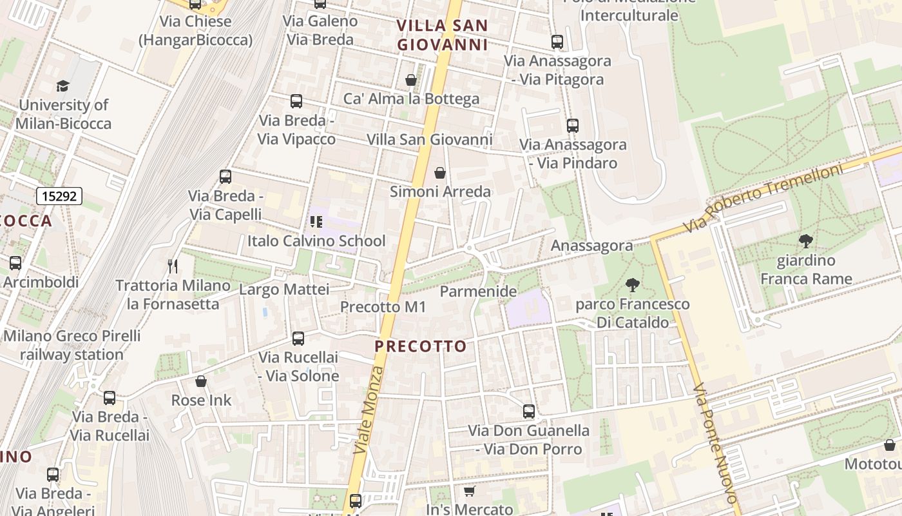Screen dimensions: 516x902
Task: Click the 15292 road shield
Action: (x=59, y=196)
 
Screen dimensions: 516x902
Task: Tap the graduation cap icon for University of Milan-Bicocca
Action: (x=62, y=86)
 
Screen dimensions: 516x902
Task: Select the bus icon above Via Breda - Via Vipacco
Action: (x=296, y=101)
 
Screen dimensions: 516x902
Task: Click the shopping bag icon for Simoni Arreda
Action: (x=440, y=173)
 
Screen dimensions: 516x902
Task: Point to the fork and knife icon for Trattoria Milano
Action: (x=172, y=266)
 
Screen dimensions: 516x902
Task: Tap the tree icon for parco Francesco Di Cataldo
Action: (x=633, y=284)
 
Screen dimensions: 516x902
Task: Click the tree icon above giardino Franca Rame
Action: (x=805, y=242)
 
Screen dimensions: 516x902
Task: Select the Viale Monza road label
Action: (x=369, y=410)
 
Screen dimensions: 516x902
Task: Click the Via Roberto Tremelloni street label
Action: (x=763, y=199)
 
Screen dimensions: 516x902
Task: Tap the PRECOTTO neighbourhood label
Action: (x=421, y=346)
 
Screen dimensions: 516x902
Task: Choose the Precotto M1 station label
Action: (x=383, y=307)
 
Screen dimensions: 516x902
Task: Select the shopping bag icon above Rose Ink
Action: (x=201, y=381)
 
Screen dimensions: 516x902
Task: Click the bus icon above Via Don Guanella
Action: (x=529, y=411)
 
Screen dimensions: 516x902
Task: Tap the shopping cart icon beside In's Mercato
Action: (x=470, y=491)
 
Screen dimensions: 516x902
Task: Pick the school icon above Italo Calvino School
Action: (x=316, y=223)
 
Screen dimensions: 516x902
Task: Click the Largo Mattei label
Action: (x=284, y=290)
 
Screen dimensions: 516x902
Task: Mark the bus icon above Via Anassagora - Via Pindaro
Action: (x=572, y=126)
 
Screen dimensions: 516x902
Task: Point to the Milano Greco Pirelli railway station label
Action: (x=72, y=345)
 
